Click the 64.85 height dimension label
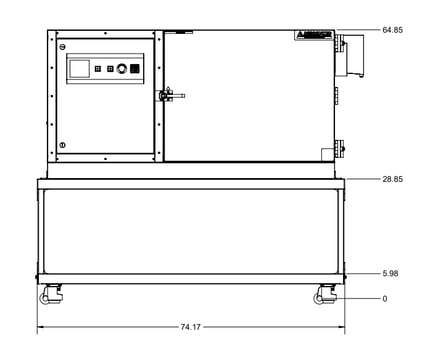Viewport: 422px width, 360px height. [x=393, y=31]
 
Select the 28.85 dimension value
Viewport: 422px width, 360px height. [x=393, y=179]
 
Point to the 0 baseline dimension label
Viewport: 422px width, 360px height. [x=384, y=298]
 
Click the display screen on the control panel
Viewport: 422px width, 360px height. [x=79, y=68]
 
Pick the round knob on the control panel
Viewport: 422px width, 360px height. [x=122, y=69]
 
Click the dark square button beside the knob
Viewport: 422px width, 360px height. [x=136, y=69]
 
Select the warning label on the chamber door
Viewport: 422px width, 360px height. [x=312, y=35]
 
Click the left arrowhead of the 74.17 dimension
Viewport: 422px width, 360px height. [x=40, y=328]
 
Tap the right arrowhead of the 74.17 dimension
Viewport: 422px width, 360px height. [x=342, y=328]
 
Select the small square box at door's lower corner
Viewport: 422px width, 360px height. [x=326, y=152]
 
